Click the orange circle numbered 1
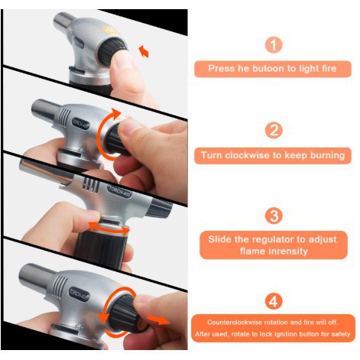point(274,45)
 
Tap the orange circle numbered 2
point(274,131)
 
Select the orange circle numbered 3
point(274,216)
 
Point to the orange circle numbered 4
point(274,301)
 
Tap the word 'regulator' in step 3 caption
point(270,239)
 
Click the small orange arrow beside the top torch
point(144,51)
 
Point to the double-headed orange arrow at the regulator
point(109,228)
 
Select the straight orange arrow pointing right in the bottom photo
point(158,319)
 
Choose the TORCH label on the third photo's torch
point(119,192)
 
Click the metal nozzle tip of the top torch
point(64,20)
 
